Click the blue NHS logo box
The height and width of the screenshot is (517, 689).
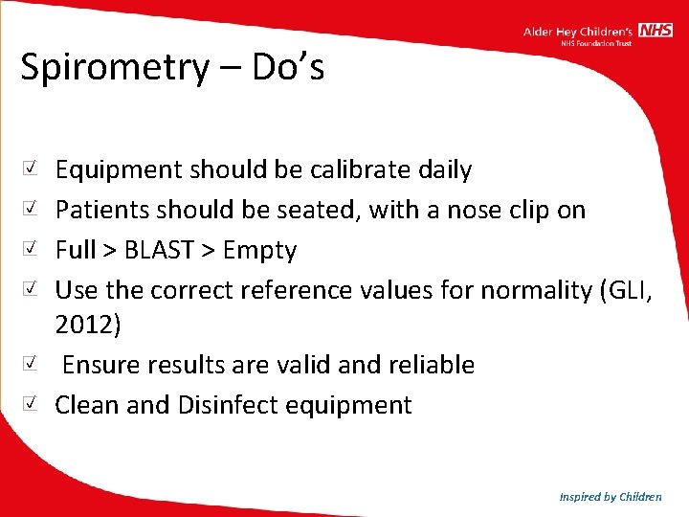pyautogui.click(x=656, y=31)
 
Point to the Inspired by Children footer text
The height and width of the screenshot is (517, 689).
pyautogui.click(x=611, y=496)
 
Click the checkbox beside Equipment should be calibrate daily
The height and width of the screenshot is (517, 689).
pyautogui.click(x=32, y=169)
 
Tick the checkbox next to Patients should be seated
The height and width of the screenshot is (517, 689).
pyautogui.click(x=32, y=209)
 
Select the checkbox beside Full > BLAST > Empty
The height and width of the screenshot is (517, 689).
pyautogui.click(x=32, y=249)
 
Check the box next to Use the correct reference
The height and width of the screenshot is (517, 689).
pyautogui.click(x=32, y=288)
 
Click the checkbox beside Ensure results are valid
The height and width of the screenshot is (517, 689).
pyautogui.click(x=32, y=364)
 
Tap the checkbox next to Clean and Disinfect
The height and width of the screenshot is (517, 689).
pyautogui.click(x=32, y=404)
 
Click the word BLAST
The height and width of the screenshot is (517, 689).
pyautogui.click(x=160, y=251)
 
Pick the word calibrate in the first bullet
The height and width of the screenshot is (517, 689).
pyautogui.click(x=360, y=170)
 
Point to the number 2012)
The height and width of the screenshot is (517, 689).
pyautogui.click(x=88, y=326)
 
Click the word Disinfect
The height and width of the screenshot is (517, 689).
pyautogui.click(x=236, y=405)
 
